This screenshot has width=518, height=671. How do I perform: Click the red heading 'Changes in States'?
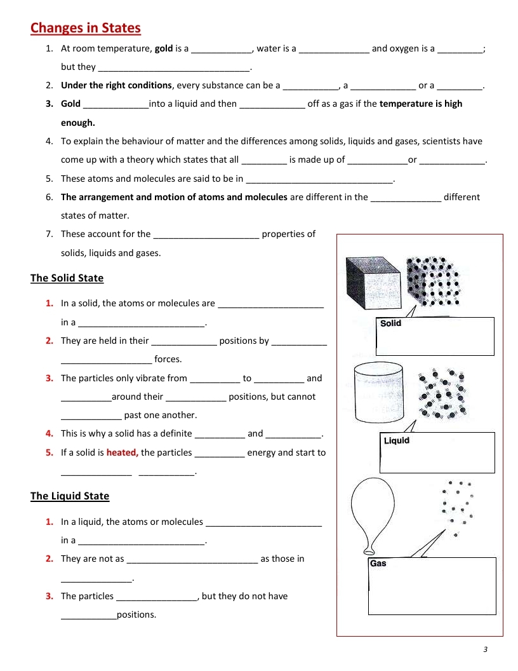(86, 28)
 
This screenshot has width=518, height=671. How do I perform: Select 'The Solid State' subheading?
(67, 278)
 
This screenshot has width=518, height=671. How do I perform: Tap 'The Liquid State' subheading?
(70, 496)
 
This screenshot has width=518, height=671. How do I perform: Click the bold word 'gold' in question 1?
(164, 48)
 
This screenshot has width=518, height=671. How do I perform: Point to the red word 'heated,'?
(122, 452)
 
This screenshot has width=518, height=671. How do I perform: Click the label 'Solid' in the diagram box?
(391, 323)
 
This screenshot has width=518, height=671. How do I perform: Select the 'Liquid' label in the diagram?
(397, 440)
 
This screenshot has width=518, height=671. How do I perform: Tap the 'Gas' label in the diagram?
(378, 563)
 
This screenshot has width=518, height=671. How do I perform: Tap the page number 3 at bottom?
(484, 649)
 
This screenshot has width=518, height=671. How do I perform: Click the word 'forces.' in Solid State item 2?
(168, 359)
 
